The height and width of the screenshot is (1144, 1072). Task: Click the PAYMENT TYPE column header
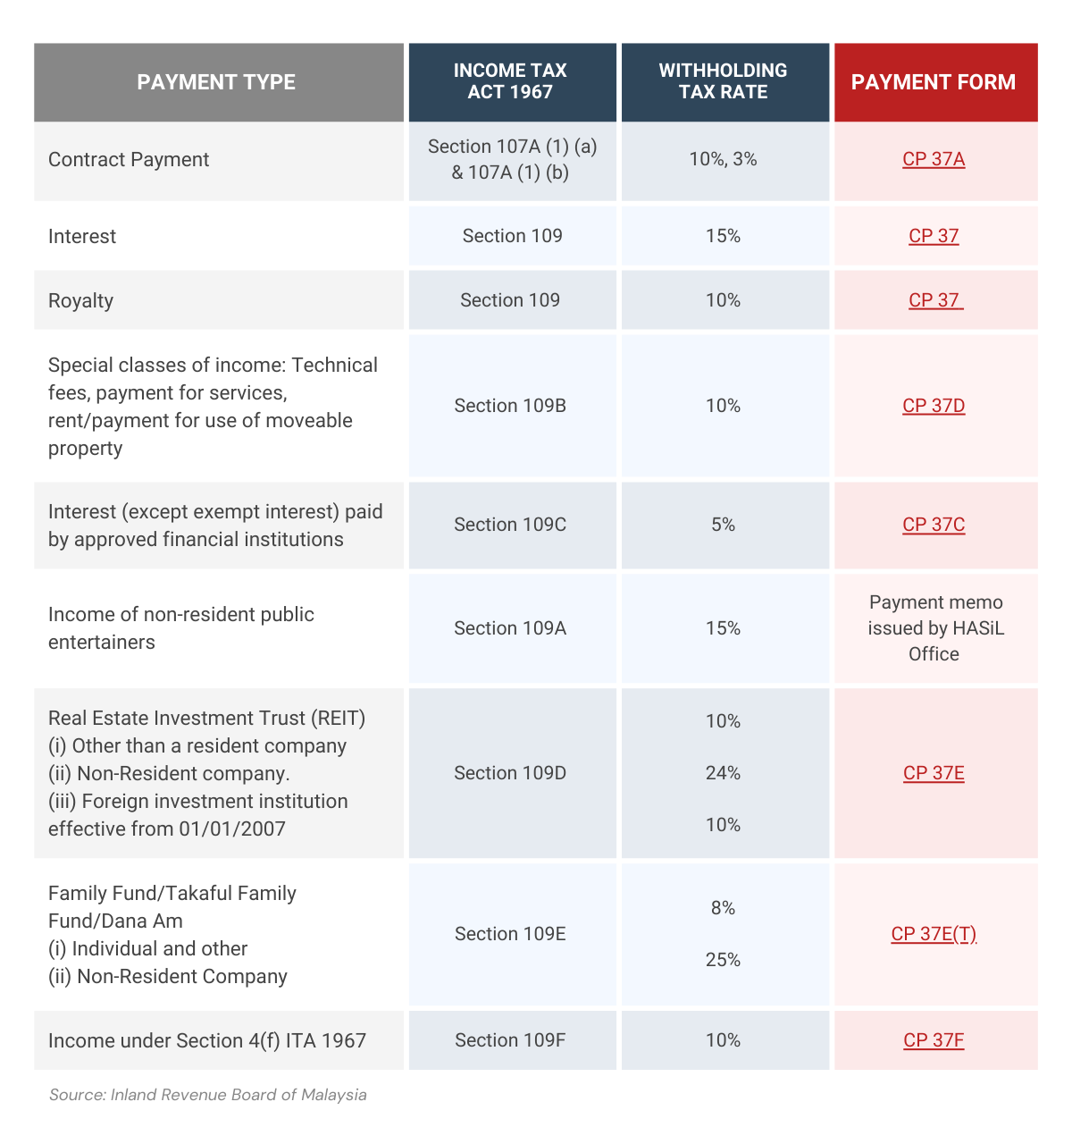click(x=216, y=82)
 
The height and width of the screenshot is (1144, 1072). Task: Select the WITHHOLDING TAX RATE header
click(x=723, y=81)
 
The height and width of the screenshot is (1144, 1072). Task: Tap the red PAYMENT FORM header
click(x=934, y=82)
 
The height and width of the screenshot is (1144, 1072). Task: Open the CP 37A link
click(x=934, y=159)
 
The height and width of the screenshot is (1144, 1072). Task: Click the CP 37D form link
click(x=934, y=406)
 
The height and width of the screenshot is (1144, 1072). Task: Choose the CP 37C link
click(x=934, y=525)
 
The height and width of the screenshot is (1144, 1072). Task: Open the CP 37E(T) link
click(x=934, y=934)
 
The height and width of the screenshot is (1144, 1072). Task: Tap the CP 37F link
click(x=934, y=1040)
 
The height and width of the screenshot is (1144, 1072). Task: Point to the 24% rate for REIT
click(x=723, y=773)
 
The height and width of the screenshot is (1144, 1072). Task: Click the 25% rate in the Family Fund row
click(x=723, y=960)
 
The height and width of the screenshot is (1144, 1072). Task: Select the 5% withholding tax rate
click(x=723, y=525)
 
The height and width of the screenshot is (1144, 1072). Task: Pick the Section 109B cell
click(x=510, y=406)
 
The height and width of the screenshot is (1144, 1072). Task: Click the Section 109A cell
click(x=510, y=628)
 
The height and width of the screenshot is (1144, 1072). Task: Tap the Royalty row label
click(x=80, y=300)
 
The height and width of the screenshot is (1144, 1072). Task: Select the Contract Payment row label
click(x=129, y=159)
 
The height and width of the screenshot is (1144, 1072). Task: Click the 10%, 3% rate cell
click(x=723, y=159)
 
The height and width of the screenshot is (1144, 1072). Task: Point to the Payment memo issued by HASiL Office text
click(x=934, y=628)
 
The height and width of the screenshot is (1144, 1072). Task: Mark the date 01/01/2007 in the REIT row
click(x=232, y=829)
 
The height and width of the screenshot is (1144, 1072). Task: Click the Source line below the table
click(x=207, y=1095)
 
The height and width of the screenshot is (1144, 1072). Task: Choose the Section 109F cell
click(x=510, y=1040)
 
